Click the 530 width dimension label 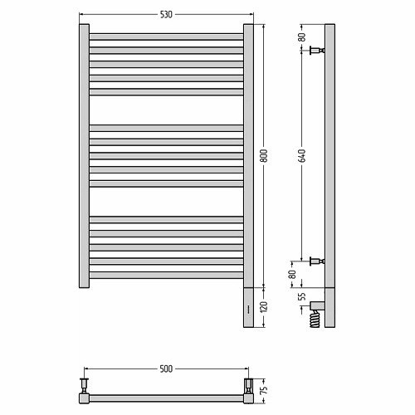click(x=166, y=14)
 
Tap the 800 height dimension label click(x=264, y=155)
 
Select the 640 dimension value click(x=302, y=155)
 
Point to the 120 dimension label click(x=264, y=307)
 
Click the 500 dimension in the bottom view click(x=166, y=369)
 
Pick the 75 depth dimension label click(x=264, y=389)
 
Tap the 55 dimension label click(x=303, y=296)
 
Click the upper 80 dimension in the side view click(x=303, y=37)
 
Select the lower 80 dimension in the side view click(x=292, y=275)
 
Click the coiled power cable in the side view click(x=315, y=319)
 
